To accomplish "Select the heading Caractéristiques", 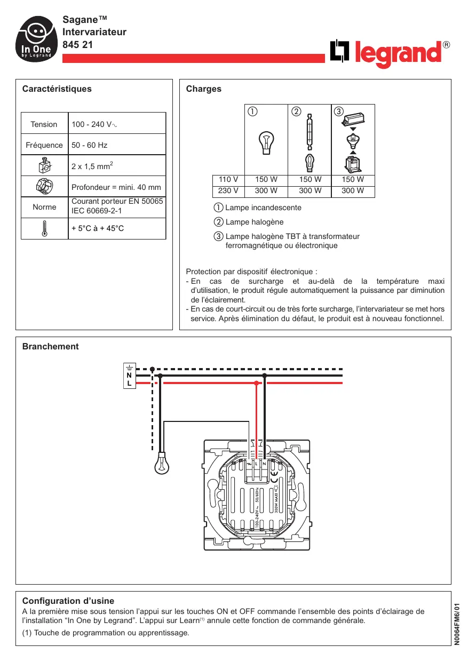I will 57,89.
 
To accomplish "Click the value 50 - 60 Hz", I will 90,145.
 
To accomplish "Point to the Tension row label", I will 44,124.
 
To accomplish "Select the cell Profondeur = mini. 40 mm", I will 116,187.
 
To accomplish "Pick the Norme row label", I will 44,207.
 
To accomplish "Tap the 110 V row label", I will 228,180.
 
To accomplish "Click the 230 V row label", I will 228,190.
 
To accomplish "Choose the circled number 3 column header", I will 338,111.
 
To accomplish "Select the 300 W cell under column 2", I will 310,190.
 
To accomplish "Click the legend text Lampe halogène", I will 255,222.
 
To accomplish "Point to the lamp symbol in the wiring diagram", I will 162,464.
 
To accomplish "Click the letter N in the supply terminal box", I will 129,375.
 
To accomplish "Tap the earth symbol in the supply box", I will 129,367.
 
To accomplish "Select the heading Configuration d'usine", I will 68,601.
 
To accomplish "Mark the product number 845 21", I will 78,45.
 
